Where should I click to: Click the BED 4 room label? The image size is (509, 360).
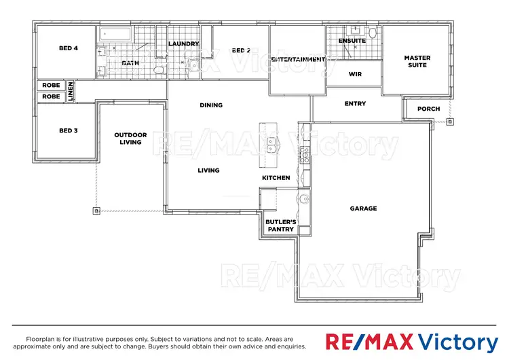point(69,48)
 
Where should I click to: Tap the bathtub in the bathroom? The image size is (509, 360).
point(116,35)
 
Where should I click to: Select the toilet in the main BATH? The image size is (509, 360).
point(157,70)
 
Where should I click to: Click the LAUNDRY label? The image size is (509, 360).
point(183,44)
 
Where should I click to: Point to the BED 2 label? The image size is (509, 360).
point(241,50)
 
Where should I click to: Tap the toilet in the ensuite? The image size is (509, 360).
point(373,33)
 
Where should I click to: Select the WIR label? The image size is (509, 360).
point(354,74)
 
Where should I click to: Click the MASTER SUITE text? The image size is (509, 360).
point(417,62)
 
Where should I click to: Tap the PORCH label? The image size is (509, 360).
point(428,109)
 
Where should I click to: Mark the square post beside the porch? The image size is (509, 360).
point(449,122)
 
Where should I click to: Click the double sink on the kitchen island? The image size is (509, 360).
point(271,145)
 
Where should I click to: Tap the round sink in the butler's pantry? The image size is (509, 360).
point(304,199)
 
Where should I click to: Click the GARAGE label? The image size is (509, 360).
point(363,209)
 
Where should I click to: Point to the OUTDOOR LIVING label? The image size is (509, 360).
point(130,139)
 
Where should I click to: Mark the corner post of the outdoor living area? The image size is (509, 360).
point(96,211)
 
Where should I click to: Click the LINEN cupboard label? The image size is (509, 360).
point(69,92)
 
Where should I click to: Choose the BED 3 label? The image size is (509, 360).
point(69,130)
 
